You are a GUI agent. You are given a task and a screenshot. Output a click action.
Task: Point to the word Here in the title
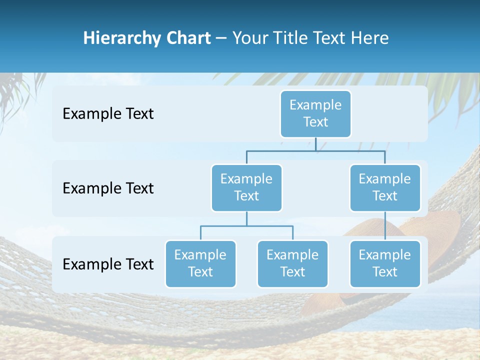[x=370, y=38]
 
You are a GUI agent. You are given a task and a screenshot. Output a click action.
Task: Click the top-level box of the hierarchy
[x=315, y=113]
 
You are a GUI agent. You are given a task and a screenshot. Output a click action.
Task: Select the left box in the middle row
[x=246, y=187]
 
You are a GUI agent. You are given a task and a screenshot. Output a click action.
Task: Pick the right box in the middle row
[x=385, y=187]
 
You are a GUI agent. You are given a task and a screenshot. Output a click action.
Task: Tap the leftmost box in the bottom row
[x=200, y=263]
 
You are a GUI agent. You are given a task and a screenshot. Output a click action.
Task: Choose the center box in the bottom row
[x=292, y=263]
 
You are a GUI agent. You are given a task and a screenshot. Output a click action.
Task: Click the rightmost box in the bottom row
[x=385, y=263]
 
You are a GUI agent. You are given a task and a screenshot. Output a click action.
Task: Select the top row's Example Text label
[x=108, y=114]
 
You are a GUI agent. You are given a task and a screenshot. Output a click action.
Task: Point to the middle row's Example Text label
[x=108, y=188]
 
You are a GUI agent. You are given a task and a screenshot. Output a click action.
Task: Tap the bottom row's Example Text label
[x=108, y=264]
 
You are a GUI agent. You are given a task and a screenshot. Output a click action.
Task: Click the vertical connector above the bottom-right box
[x=385, y=225]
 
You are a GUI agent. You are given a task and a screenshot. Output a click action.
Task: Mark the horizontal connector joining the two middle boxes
[x=315, y=150]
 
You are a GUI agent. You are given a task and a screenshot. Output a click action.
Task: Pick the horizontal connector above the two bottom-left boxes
[x=246, y=226]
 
